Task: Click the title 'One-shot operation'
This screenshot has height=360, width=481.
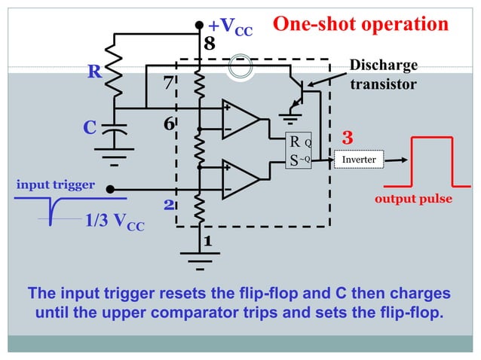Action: [x=360, y=24]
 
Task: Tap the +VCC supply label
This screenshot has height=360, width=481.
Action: [x=230, y=29]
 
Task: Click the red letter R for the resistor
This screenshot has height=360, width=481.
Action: [x=94, y=72]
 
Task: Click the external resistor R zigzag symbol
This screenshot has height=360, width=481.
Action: [x=115, y=74]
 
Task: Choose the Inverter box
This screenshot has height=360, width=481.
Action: [x=359, y=160]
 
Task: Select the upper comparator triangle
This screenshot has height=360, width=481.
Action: [x=239, y=118]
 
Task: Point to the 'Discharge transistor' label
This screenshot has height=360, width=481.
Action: [x=383, y=75]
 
